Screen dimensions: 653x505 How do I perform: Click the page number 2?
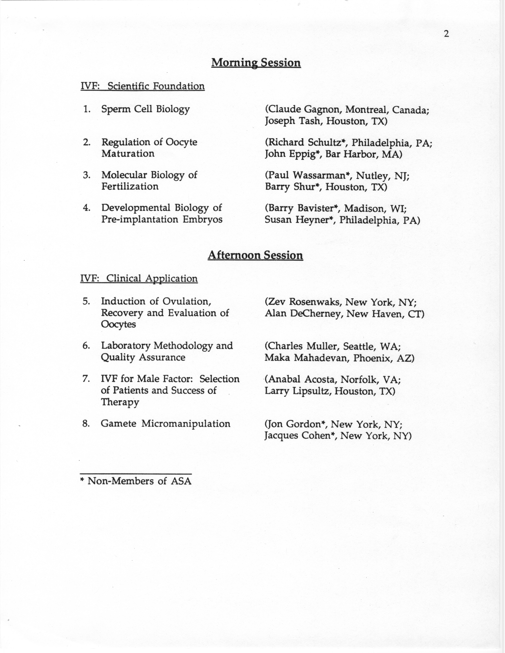(x=446, y=34)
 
